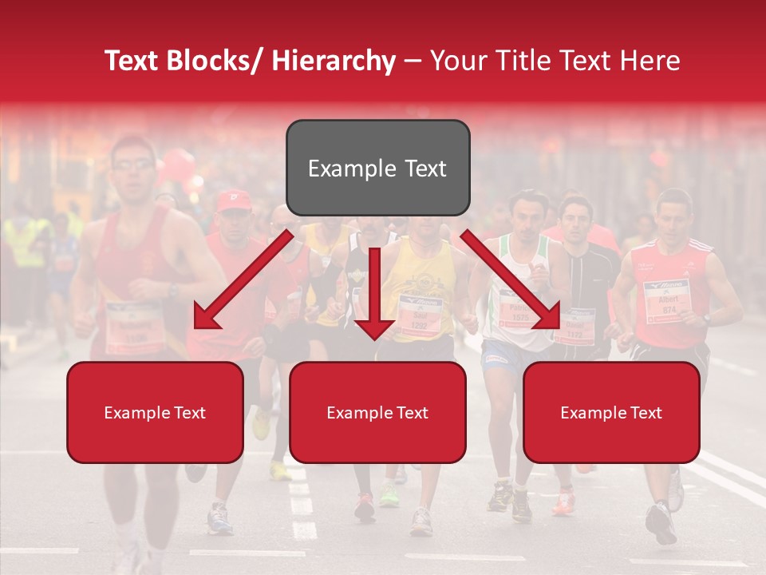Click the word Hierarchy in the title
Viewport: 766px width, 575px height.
(333, 61)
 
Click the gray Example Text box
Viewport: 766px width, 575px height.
(377, 168)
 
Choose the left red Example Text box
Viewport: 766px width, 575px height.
(155, 412)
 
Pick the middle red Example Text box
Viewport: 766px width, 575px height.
(377, 412)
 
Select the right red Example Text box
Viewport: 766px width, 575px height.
(611, 412)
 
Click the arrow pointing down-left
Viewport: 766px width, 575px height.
(242, 281)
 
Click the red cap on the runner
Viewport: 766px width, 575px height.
(233, 200)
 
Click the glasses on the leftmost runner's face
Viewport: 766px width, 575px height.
(132, 165)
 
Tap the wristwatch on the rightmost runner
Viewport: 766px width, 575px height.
(706, 318)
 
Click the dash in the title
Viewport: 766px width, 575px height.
(413, 61)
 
